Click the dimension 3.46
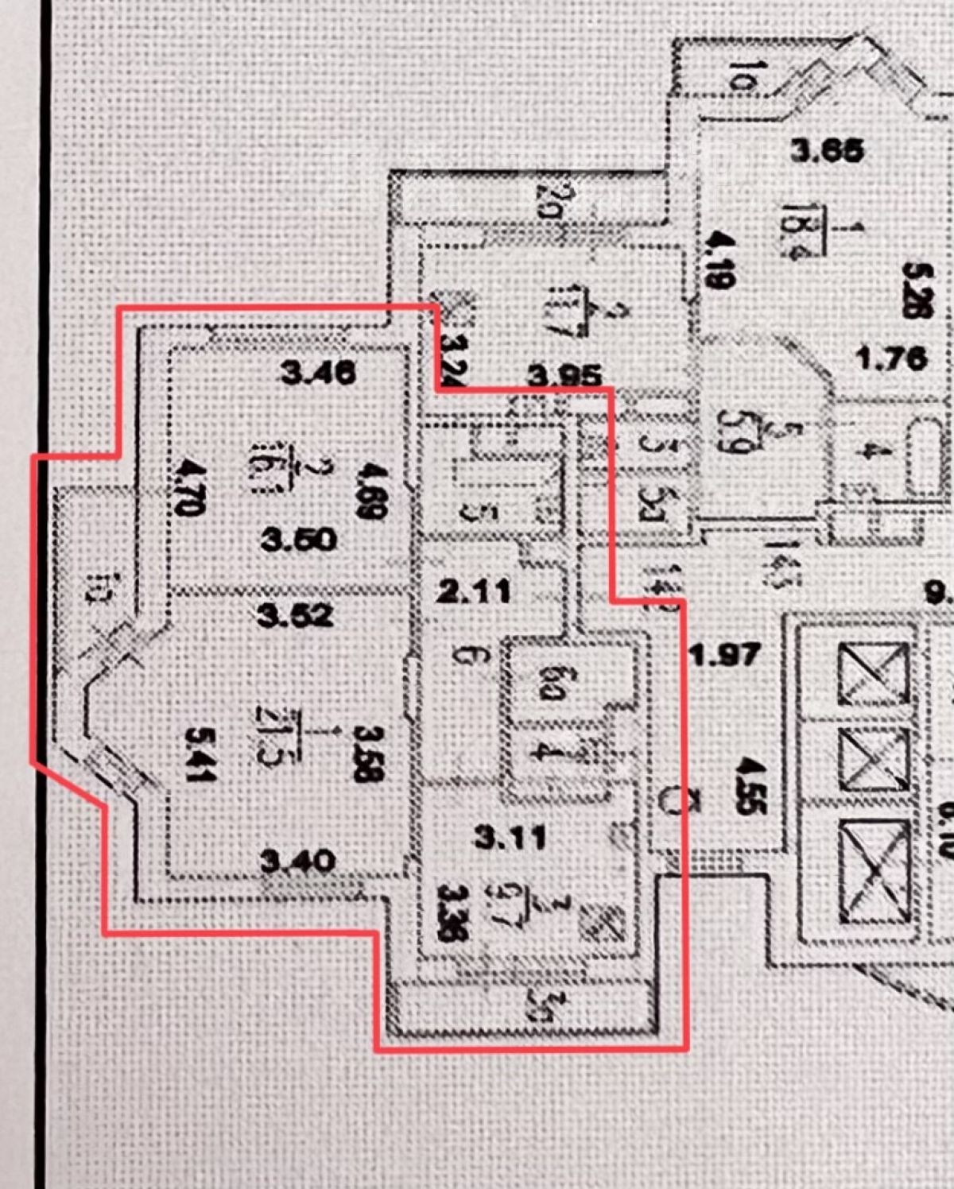pos(319,372)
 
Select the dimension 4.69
pos(371,491)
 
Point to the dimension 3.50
pos(299,540)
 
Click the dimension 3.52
pos(295,615)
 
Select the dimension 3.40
pos(298,861)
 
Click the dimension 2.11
pos(475,591)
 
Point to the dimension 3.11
pos(510,836)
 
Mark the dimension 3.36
pos(452,913)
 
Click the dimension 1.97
pos(726,655)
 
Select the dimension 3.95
pos(564,375)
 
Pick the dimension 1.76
pos(892,358)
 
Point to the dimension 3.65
pos(827,149)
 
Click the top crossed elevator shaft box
pos(873,674)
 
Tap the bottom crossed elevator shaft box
pos(873,873)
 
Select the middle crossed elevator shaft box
pos(873,760)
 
